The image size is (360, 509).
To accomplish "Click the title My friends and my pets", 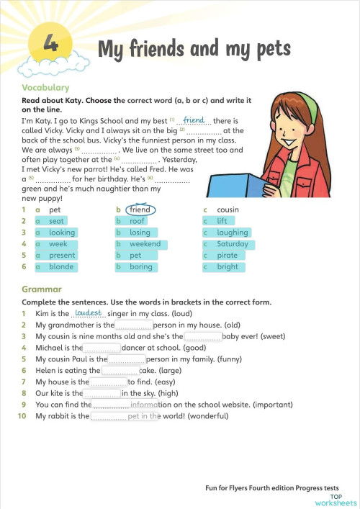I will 194,49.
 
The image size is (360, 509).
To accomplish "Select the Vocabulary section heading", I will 46,88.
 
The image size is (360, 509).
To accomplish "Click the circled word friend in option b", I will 140,210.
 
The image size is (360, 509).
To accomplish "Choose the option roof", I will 138,221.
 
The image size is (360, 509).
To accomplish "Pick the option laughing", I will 232,233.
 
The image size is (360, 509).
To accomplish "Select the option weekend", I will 145,244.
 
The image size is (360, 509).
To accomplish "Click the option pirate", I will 227,256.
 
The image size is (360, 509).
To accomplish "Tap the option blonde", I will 61,267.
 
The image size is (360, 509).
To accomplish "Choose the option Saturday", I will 233,244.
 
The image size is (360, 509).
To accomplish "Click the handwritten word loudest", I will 88,313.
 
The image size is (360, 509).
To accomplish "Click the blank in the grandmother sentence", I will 134,325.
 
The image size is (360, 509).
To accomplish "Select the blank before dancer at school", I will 102,348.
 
